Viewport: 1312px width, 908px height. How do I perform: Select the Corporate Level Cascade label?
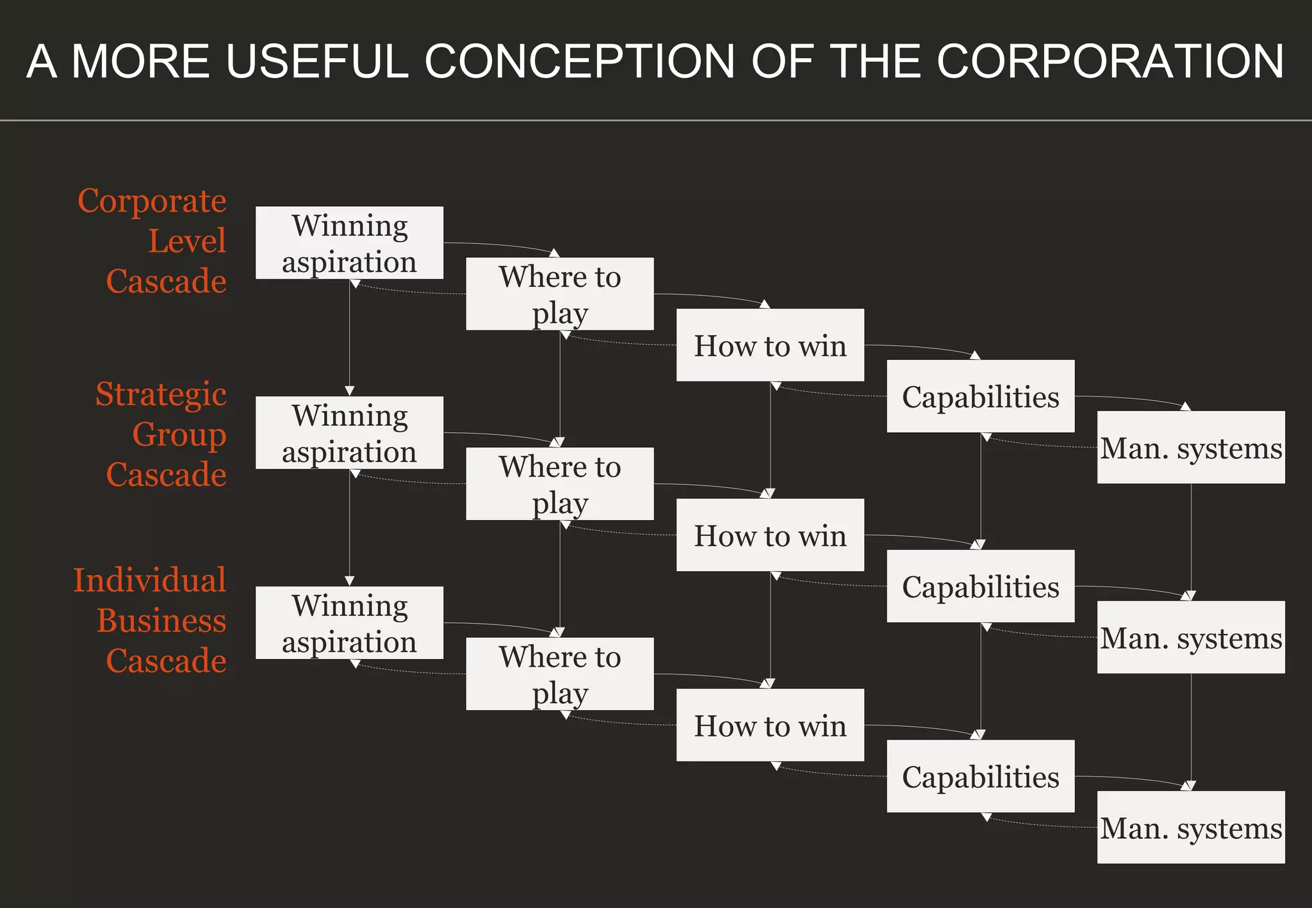click(154, 241)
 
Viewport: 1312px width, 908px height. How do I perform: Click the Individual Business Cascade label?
click(151, 620)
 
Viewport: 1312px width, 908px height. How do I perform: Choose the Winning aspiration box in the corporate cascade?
click(349, 243)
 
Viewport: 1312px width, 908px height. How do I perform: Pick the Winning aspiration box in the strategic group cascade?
click(349, 433)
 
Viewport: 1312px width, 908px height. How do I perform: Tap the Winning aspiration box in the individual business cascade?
click(349, 622)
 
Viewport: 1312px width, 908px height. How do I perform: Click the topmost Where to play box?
click(559, 294)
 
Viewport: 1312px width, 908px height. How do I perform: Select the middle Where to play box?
click(559, 483)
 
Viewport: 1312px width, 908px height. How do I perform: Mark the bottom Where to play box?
click(559, 674)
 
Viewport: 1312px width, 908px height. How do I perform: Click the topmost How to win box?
click(770, 345)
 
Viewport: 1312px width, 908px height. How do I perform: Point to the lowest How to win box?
click(770, 725)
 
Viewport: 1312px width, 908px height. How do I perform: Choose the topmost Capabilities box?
click(980, 396)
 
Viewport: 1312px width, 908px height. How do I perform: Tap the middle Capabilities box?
click(980, 586)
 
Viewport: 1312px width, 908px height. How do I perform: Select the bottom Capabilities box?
click(980, 776)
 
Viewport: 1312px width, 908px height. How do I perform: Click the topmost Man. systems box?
click(1191, 448)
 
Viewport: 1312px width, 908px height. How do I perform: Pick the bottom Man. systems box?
click(1191, 827)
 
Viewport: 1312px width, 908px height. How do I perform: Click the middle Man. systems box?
click(1191, 637)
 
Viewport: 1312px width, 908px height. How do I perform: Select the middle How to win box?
click(770, 535)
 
